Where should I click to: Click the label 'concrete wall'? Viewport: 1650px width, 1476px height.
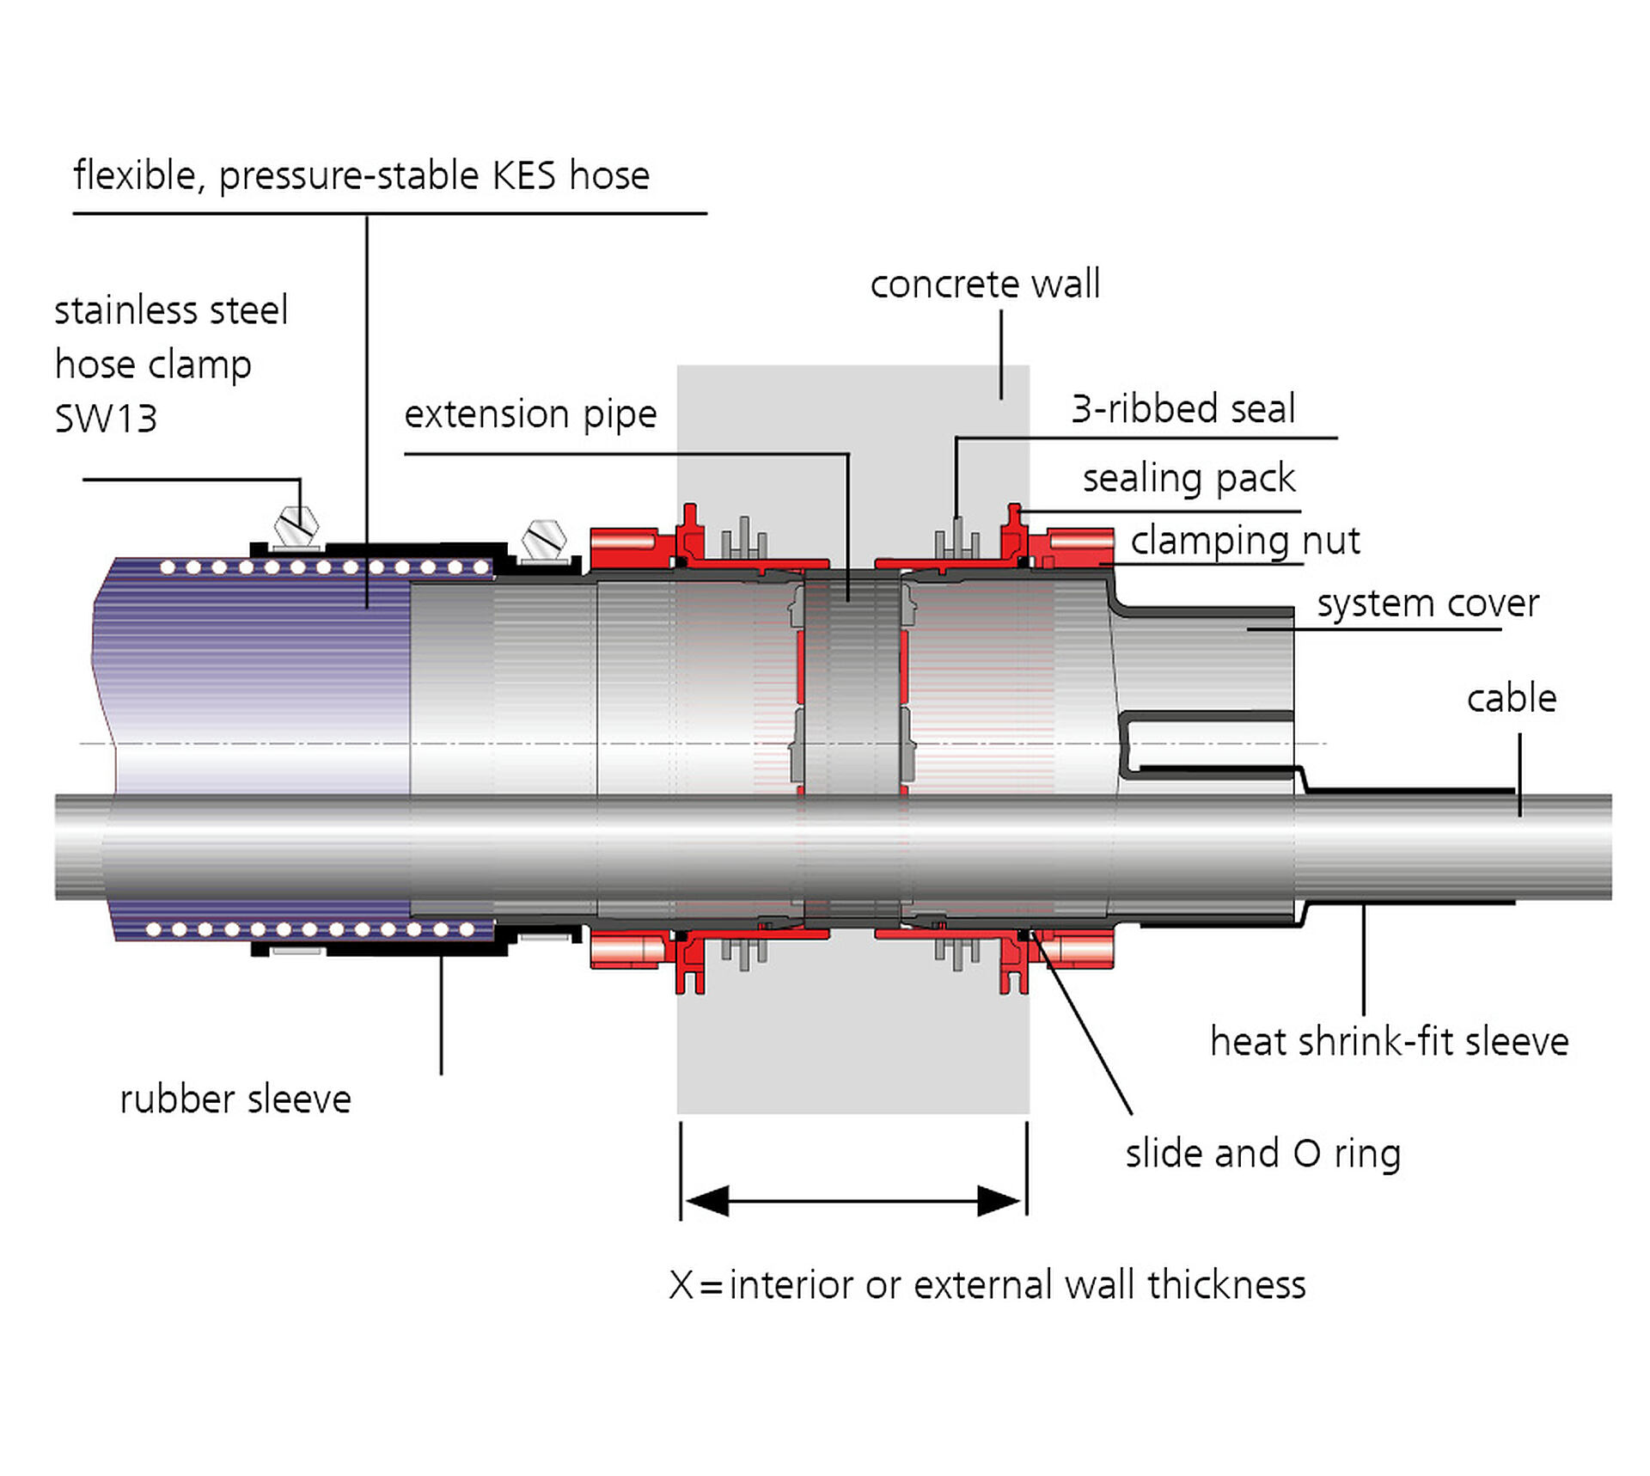coord(984,284)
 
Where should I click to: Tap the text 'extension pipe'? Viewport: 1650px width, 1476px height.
coord(530,414)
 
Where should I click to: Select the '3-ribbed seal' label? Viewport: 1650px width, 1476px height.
coord(1182,408)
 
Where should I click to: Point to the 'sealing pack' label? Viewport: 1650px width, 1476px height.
coord(1189,478)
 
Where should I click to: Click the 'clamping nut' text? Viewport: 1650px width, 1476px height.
coord(1244,541)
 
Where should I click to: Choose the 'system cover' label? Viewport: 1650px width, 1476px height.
coord(1427,603)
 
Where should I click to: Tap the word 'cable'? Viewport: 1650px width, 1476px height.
coord(1511,698)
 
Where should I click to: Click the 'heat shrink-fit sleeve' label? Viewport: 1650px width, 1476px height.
coord(1389,1042)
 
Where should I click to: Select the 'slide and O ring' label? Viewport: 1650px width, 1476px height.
coord(1262,1154)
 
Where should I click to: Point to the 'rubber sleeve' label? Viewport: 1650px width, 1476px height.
coord(235,1099)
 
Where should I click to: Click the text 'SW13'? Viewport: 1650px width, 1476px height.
coord(106,420)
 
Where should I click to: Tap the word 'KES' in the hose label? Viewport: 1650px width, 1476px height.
coord(523,175)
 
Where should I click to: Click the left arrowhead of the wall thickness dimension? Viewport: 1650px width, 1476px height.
coord(706,1201)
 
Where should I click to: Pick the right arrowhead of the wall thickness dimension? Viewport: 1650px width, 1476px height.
coord(1000,1201)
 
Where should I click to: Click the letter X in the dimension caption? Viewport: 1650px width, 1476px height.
coord(681,1285)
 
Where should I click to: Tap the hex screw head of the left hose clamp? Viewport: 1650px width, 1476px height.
coord(296,526)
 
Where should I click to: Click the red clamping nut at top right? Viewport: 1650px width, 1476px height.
coord(1079,544)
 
